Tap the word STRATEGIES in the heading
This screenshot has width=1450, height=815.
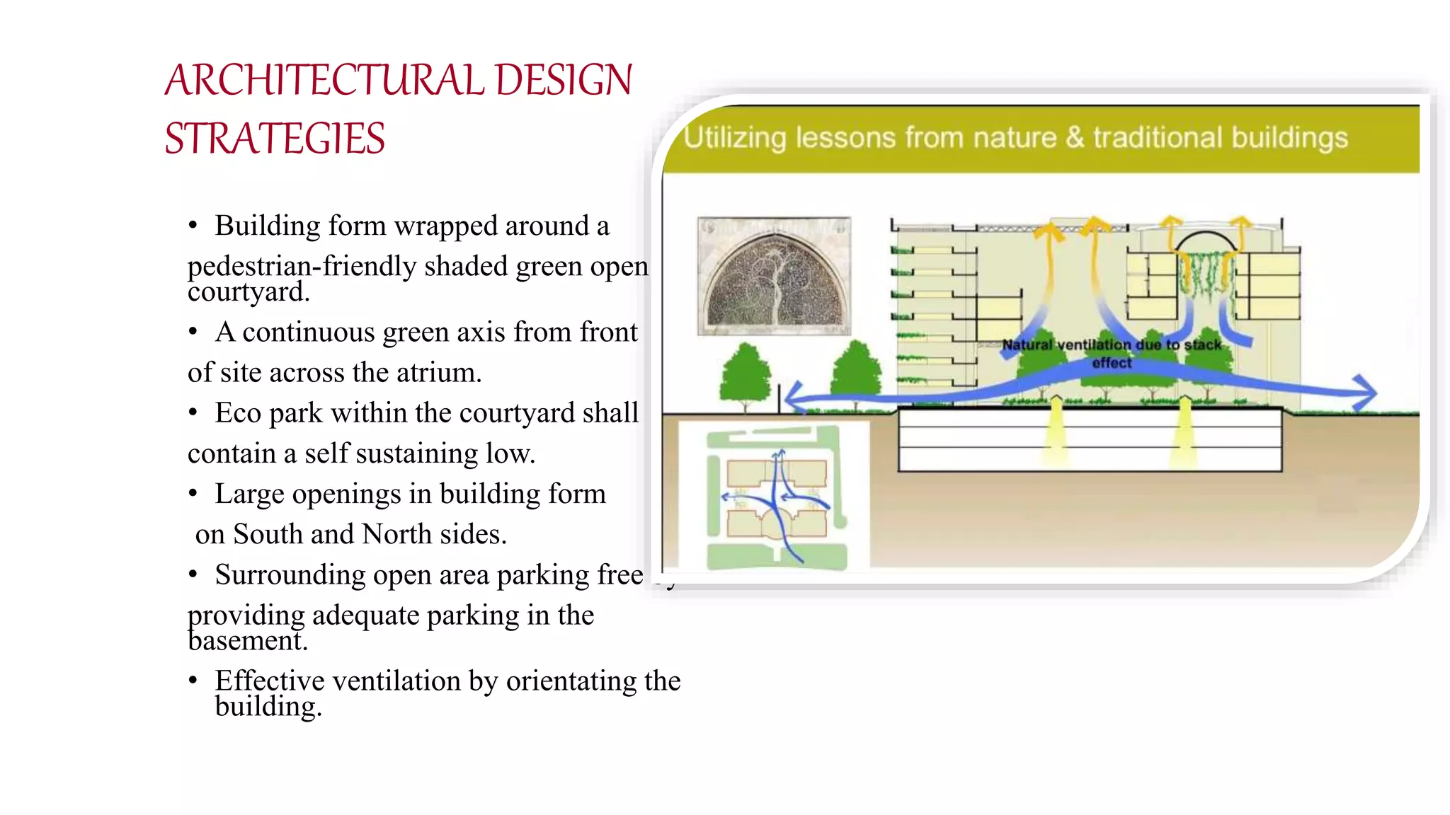tap(275, 139)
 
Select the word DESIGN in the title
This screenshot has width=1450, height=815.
tap(564, 80)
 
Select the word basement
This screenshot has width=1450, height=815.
tap(248, 641)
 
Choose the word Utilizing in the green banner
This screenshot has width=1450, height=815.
tap(735, 138)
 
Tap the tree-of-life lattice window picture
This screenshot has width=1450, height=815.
tap(775, 276)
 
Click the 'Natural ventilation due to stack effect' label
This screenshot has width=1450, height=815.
tap(1112, 353)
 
